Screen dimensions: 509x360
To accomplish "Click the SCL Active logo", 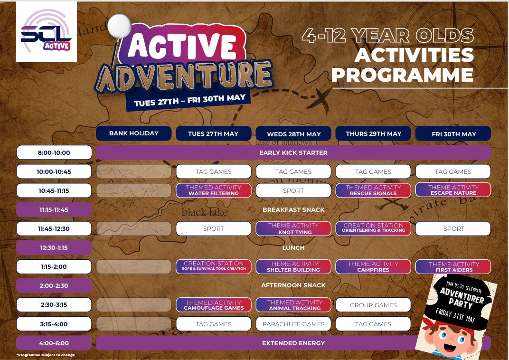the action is tap(47, 32).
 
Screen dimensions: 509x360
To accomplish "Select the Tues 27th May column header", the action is tap(213, 133).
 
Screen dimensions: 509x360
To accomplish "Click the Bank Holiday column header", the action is tap(134, 133).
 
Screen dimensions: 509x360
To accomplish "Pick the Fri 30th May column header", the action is tap(453, 133).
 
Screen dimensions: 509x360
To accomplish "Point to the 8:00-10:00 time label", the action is tap(54, 152).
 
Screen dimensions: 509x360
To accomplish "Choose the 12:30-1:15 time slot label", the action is tap(54, 248).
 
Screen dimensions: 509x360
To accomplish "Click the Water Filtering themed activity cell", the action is tap(213, 190).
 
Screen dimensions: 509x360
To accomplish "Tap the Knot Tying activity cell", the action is tap(293, 228).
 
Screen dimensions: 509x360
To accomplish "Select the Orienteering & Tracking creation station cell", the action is tap(373, 228).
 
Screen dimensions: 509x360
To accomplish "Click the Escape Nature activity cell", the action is tap(453, 190).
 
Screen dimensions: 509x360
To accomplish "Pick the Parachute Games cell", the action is tap(293, 324).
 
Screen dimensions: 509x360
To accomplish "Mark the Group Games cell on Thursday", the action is tap(373, 305).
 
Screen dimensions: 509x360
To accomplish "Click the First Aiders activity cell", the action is tap(453, 267).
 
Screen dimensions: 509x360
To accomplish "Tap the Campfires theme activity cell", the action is tap(373, 267).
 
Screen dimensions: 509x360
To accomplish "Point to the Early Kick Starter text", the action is tap(293, 152).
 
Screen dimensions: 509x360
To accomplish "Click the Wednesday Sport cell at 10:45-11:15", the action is tap(293, 190).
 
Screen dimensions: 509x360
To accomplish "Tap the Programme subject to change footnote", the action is tap(46, 355).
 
